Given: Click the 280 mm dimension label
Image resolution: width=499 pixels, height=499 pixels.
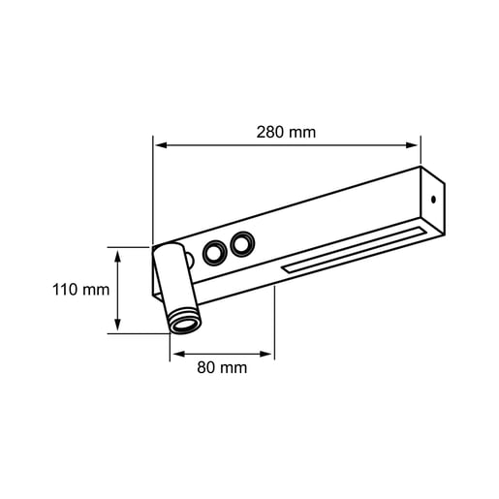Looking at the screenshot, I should [288, 132].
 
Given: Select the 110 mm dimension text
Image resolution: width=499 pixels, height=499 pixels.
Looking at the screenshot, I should [80, 290].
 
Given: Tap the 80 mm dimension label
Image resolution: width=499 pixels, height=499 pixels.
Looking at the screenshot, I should [222, 368].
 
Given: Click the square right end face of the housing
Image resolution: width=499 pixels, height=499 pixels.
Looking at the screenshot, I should [432, 203].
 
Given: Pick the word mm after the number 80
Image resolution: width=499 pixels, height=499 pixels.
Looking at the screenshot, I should [234, 368].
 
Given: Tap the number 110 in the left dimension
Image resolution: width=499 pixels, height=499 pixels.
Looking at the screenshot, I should [67, 290].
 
